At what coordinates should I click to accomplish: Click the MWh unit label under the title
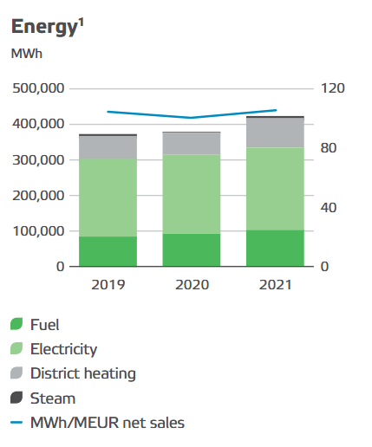pos(26,54)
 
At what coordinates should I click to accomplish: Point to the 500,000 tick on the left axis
pos(38,88)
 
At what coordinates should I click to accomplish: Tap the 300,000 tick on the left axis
pos(38,160)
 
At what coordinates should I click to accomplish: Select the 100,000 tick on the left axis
pos(38,231)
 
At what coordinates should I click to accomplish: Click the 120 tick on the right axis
pos(332,88)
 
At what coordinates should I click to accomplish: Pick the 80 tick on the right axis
pos(329,148)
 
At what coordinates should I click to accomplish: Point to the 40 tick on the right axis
pos(329,208)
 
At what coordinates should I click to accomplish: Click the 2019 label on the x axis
pos(108,284)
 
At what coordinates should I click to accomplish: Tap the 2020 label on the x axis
pos(192,284)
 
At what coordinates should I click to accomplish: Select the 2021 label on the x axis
pos(275,284)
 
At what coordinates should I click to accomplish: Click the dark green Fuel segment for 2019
pos(108,251)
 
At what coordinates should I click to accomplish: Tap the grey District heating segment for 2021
pos(275,132)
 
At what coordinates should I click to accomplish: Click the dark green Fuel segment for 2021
pos(275,248)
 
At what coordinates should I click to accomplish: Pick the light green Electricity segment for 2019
pos(108,198)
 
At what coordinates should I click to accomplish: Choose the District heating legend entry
pos(82,374)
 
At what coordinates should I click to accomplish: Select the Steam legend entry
pos(52,398)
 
